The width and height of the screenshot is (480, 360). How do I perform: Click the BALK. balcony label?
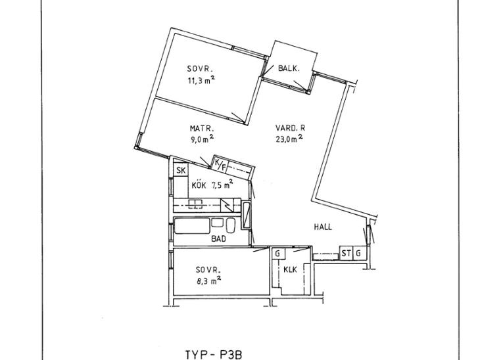pyautogui.click(x=289, y=68)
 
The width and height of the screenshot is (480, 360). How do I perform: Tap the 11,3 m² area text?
pyautogui.click(x=201, y=80)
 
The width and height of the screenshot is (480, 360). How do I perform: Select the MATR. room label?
pyautogui.click(x=202, y=129)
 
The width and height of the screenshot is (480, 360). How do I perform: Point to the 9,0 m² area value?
pyautogui.click(x=202, y=139)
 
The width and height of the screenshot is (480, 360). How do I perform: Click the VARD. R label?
pyautogui.click(x=290, y=128)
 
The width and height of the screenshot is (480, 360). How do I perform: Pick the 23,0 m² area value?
pyautogui.click(x=289, y=139)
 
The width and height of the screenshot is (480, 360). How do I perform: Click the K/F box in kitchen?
pyautogui.click(x=220, y=164)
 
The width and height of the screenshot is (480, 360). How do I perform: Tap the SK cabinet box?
pyautogui.click(x=181, y=170)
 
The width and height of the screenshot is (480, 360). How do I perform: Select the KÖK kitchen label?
pyautogui.click(x=199, y=185)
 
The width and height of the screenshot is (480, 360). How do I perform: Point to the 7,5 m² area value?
pyautogui.click(x=222, y=184)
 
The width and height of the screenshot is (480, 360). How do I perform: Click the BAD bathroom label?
pyautogui.click(x=218, y=238)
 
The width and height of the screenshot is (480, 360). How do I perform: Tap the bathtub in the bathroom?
pyautogui.click(x=192, y=226)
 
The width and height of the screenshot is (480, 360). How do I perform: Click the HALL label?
pyautogui.click(x=323, y=227)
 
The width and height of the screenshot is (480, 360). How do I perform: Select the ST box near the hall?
pyautogui.click(x=347, y=254)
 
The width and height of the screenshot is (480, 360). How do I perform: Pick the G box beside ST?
pyautogui.click(x=359, y=254)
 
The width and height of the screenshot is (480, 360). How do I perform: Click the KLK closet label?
pyautogui.click(x=290, y=270)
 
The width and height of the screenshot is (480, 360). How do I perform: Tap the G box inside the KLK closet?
pyautogui.click(x=278, y=254)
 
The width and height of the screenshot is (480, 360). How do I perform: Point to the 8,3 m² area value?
pyautogui.click(x=209, y=280)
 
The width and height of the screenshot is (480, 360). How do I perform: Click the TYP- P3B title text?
pyautogui.click(x=214, y=355)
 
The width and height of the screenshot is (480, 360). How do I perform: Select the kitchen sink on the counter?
pyautogui.click(x=195, y=204)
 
